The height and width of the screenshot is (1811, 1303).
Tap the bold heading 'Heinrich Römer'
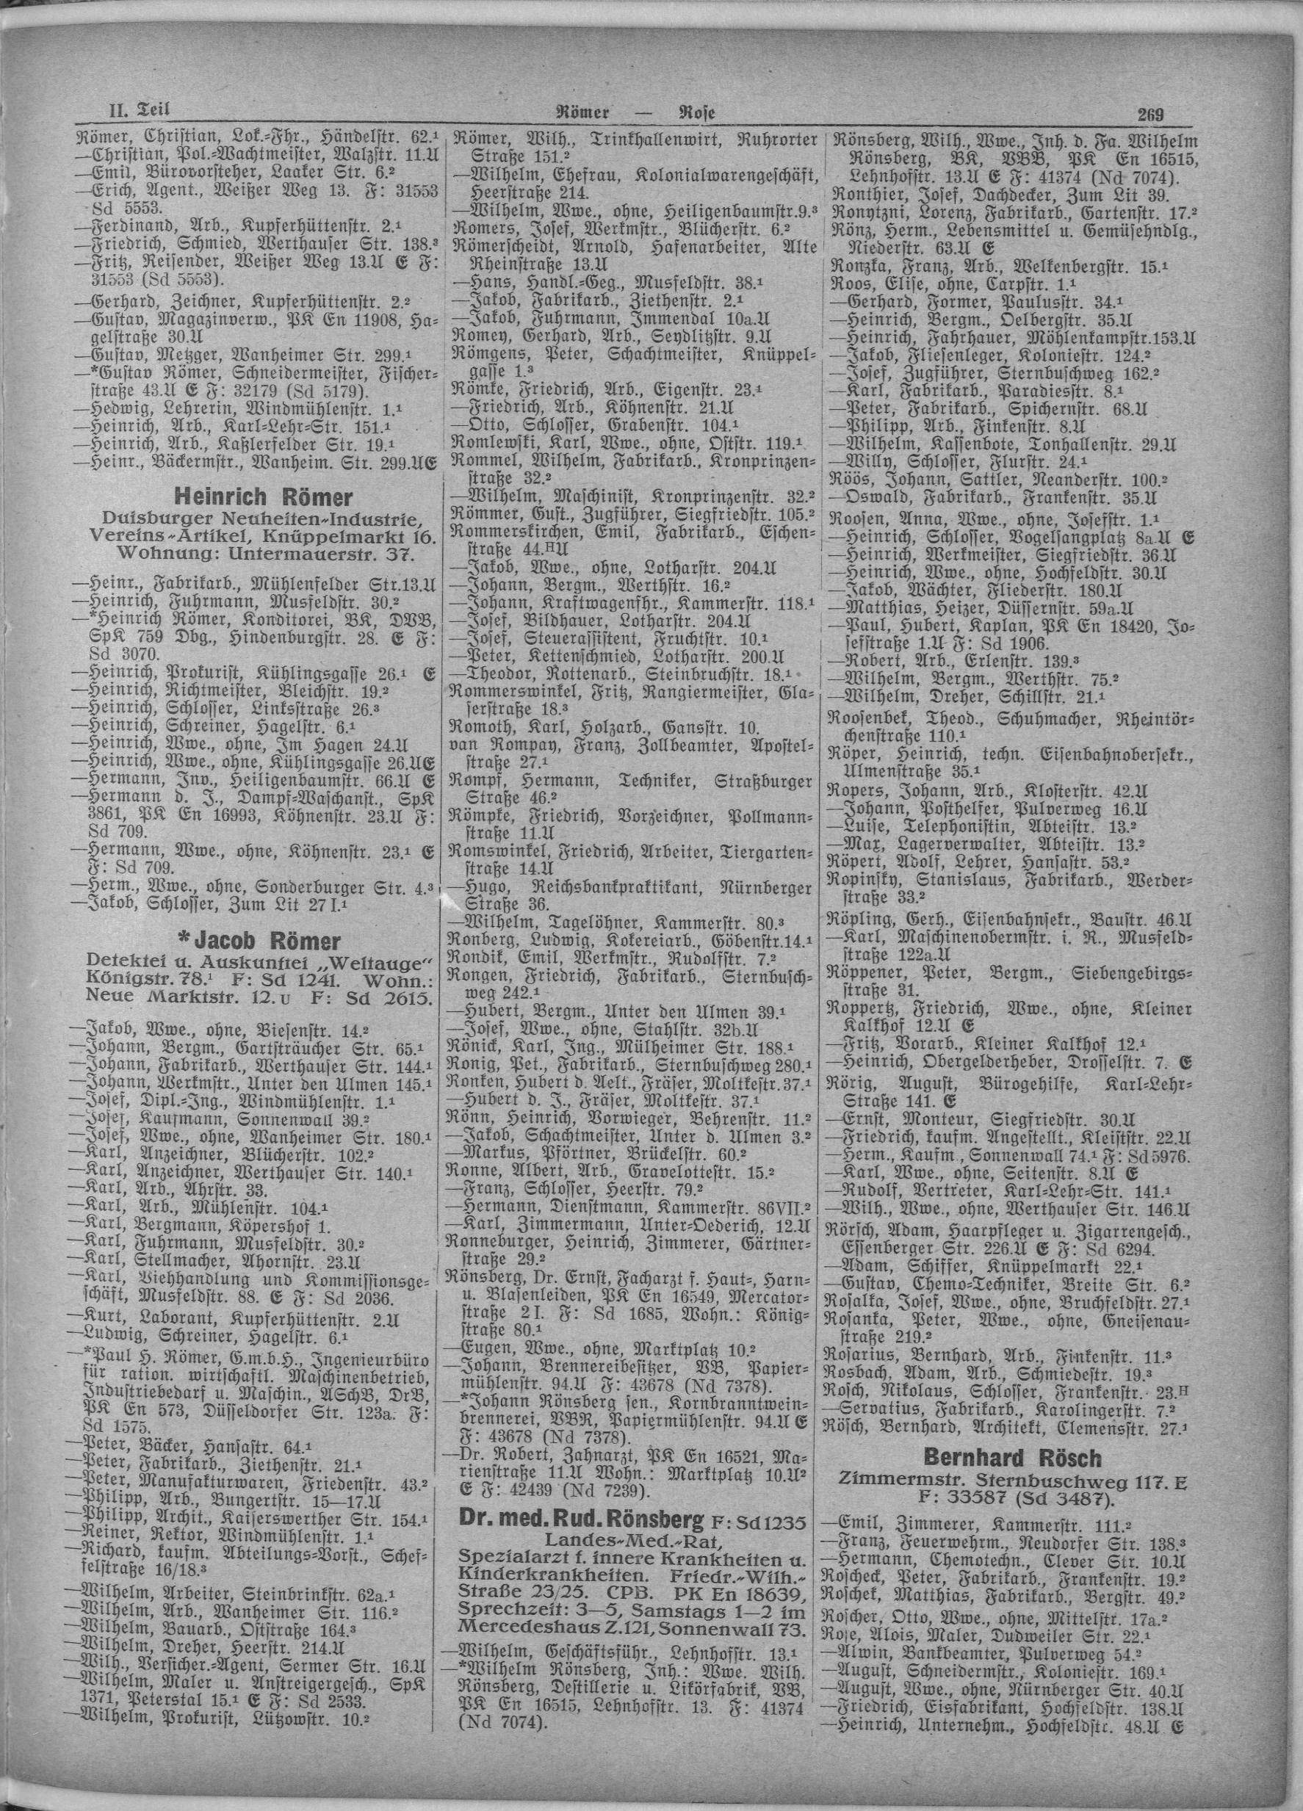click(x=264, y=498)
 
